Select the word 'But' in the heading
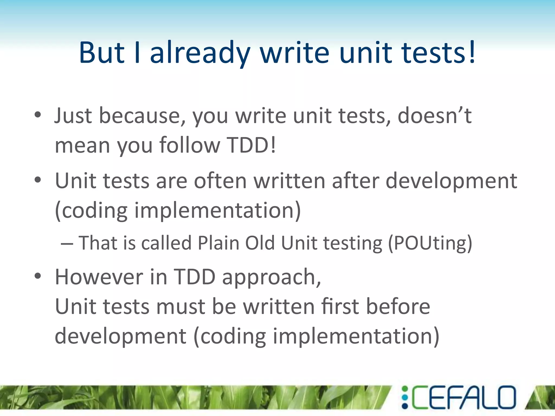coord(102,53)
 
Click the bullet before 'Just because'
coord(38,115)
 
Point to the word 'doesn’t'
coord(434,116)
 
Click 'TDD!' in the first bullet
coord(251,145)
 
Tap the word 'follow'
coord(189,145)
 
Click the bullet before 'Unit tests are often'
coord(38,180)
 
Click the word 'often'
coord(220,181)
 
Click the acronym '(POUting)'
coord(430,243)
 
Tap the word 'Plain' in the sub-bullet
coord(218,243)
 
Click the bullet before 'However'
coord(38,276)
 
